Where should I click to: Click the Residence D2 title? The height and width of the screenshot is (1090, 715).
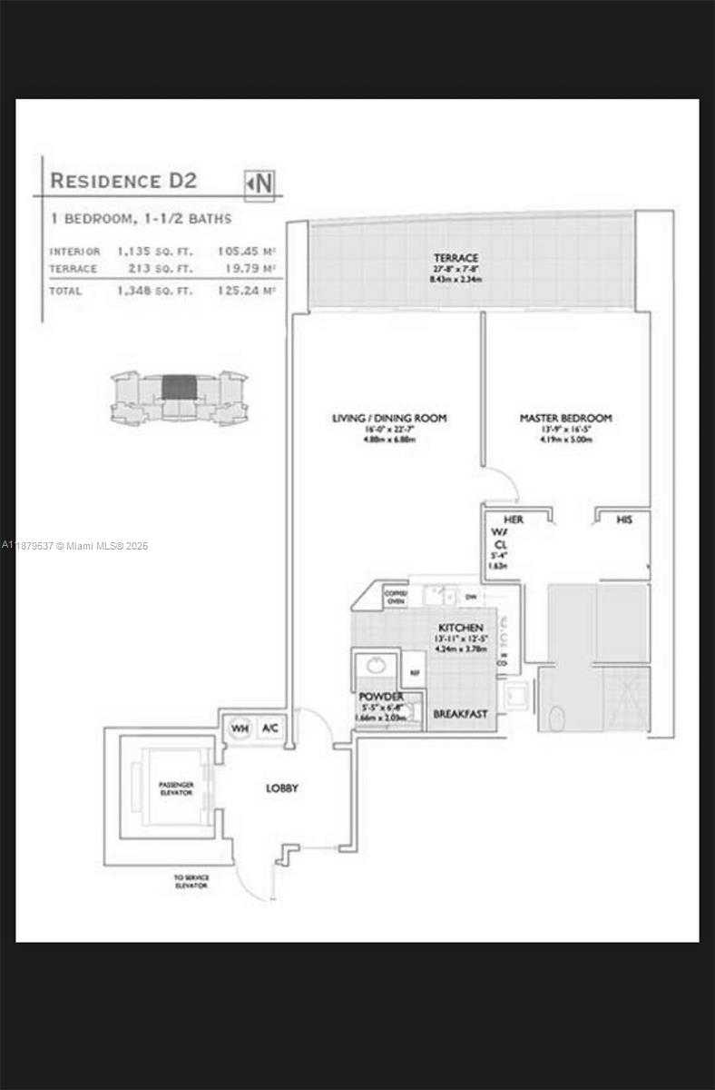coord(122,181)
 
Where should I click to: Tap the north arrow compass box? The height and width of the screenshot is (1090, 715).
coord(260,183)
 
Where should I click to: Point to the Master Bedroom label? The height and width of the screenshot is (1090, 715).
coord(565,418)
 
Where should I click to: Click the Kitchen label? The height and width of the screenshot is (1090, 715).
coord(461,628)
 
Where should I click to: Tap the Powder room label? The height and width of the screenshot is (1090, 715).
coord(380,696)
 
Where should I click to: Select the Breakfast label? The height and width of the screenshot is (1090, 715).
coord(460,714)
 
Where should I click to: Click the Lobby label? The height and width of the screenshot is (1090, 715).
coord(281,788)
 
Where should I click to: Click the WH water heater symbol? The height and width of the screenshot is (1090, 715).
coord(239,728)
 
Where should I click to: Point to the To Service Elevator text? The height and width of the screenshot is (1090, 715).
coord(191,881)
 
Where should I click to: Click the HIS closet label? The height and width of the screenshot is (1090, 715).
coord(623,520)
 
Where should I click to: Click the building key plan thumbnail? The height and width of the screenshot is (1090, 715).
coord(179,397)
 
